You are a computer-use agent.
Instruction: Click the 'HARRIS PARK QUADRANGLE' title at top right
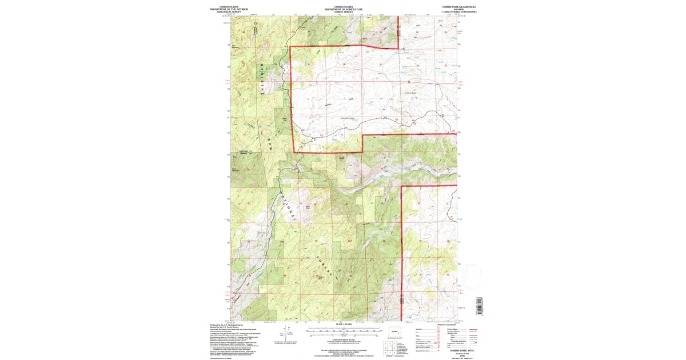point(456,6)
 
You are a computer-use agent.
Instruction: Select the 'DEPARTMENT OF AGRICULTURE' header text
point(344,9)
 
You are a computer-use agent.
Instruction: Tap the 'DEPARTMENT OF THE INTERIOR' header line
point(229,9)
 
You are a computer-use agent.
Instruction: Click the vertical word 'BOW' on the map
point(268,146)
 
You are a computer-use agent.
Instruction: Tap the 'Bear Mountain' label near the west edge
point(234,169)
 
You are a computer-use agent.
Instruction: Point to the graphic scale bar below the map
point(344,331)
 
